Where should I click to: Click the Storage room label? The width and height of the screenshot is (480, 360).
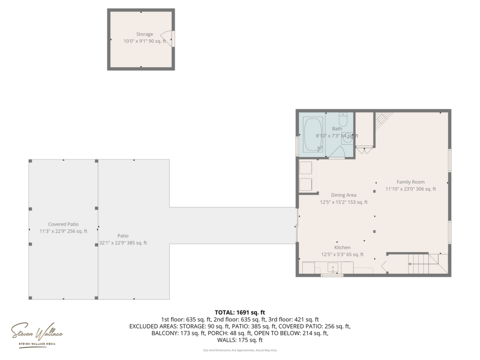(x=144, y=34)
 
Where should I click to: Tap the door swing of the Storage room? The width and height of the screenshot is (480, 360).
(x=166, y=39)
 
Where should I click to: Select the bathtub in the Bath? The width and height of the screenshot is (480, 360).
(x=313, y=135)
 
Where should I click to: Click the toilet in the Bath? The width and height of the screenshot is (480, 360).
(x=343, y=120)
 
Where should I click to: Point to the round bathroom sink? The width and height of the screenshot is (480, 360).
(x=347, y=138)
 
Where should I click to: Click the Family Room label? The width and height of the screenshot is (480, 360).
(x=411, y=182)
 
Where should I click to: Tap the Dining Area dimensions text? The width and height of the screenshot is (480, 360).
(x=343, y=202)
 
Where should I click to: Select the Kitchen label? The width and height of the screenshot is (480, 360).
(x=342, y=247)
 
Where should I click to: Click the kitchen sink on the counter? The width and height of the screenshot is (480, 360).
(x=333, y=267)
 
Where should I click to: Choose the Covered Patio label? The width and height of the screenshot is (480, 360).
(x=63, y=224)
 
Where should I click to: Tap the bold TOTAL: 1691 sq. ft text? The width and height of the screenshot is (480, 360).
(x=240, y=312)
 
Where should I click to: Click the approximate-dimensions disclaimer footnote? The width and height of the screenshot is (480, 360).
(x=240, y=350)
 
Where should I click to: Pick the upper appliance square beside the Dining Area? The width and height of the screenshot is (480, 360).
(x=306, y=168)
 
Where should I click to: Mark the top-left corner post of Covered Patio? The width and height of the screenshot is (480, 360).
(x=30, y=161)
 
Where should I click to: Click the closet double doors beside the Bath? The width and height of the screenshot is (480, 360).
(x=364, y=151)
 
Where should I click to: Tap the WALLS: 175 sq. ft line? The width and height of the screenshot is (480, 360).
(x=240, y=340)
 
